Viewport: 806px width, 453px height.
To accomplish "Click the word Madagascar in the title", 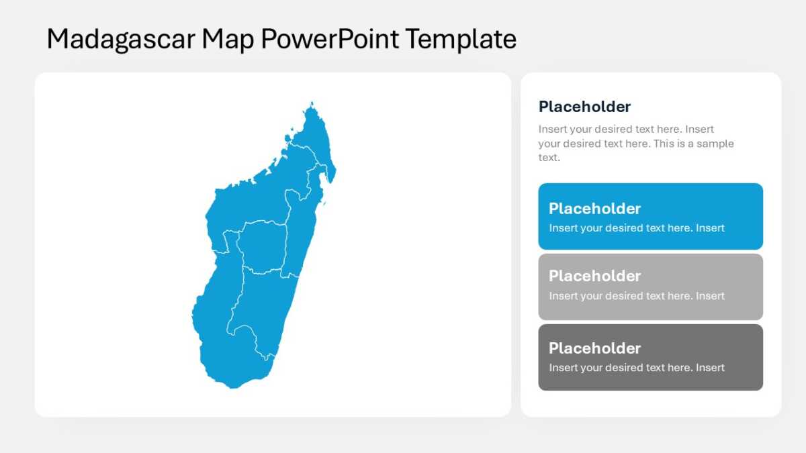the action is tap(122, 40).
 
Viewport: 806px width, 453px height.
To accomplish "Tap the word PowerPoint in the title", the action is tap(330, 39).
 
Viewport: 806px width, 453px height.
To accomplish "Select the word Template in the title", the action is tap(461, 39).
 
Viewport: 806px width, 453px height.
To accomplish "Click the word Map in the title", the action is tap(228, 40).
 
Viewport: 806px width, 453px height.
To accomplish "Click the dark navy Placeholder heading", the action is tap(584, 107).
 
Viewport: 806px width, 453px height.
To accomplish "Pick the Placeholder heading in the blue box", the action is tap(594, 209).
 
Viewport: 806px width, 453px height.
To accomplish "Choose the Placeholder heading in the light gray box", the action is tap(594, 276).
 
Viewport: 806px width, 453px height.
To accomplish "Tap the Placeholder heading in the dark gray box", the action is tap(594, 348).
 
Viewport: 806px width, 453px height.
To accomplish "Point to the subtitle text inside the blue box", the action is tap(637, 228).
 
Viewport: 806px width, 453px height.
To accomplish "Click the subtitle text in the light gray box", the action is tap(637, 296).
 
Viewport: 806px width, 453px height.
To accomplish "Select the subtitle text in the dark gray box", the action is tap(637, 368).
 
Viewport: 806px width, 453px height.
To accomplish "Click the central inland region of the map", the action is tap(263, 248).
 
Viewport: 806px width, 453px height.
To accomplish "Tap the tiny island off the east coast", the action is tap(324, 204).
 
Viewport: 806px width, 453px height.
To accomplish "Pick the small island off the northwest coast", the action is tap(288, 138).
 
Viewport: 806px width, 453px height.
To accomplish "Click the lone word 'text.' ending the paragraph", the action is tap(549, 158).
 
